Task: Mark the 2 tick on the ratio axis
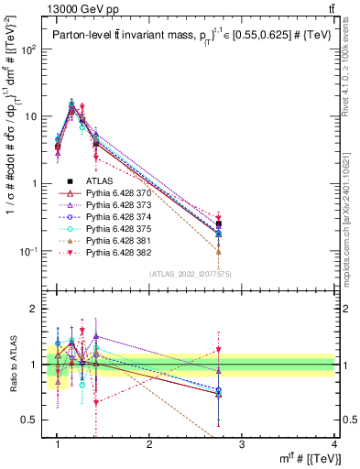(x=35, y=310)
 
